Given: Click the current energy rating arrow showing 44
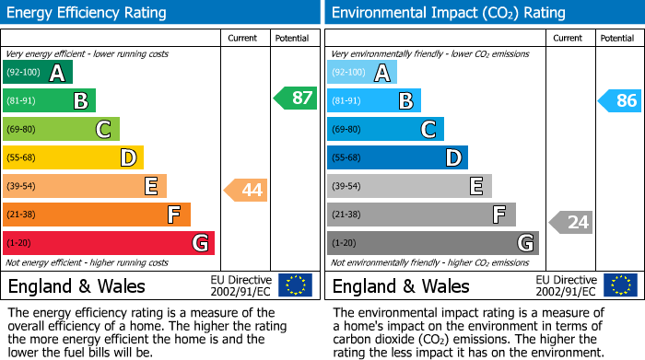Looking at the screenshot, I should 245,191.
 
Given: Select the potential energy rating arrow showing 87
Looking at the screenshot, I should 296,99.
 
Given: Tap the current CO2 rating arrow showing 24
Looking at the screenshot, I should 571,222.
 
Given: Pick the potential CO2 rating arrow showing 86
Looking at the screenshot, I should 620,100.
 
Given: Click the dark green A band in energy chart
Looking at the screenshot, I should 38,73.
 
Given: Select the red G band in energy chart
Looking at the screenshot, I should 109,243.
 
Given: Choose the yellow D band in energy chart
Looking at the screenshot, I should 73,157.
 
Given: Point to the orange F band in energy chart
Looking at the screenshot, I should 97,215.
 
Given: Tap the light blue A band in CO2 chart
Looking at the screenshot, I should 362,73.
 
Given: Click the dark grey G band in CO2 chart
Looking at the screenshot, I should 433,243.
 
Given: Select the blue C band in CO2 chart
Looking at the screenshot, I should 385,130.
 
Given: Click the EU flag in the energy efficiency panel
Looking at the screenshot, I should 295,285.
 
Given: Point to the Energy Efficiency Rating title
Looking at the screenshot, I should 87,13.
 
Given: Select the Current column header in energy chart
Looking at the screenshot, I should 243,38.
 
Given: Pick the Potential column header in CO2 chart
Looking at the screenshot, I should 616,38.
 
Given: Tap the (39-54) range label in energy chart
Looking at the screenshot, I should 20,186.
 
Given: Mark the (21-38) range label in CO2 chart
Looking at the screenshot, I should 345,215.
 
